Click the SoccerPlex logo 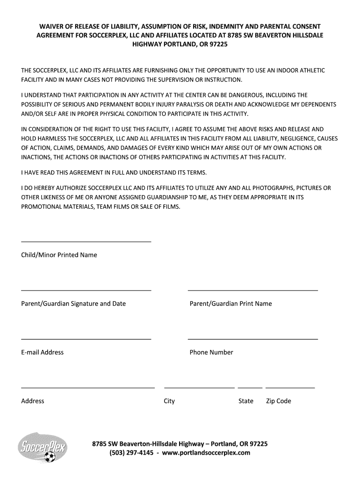(42, 447)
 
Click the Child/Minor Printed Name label (59, 255)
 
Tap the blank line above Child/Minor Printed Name (86, 241)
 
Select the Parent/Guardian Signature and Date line (86, 290)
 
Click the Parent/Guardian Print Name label (230, 304)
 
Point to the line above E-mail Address (86, 339)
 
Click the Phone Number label (211, 352)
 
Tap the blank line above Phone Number (252, 339)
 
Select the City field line (199, 387)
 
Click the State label (246, 401)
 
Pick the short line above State (250, 387)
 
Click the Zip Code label (279, 401)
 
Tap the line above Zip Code (290, 387)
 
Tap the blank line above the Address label (88, 387)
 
